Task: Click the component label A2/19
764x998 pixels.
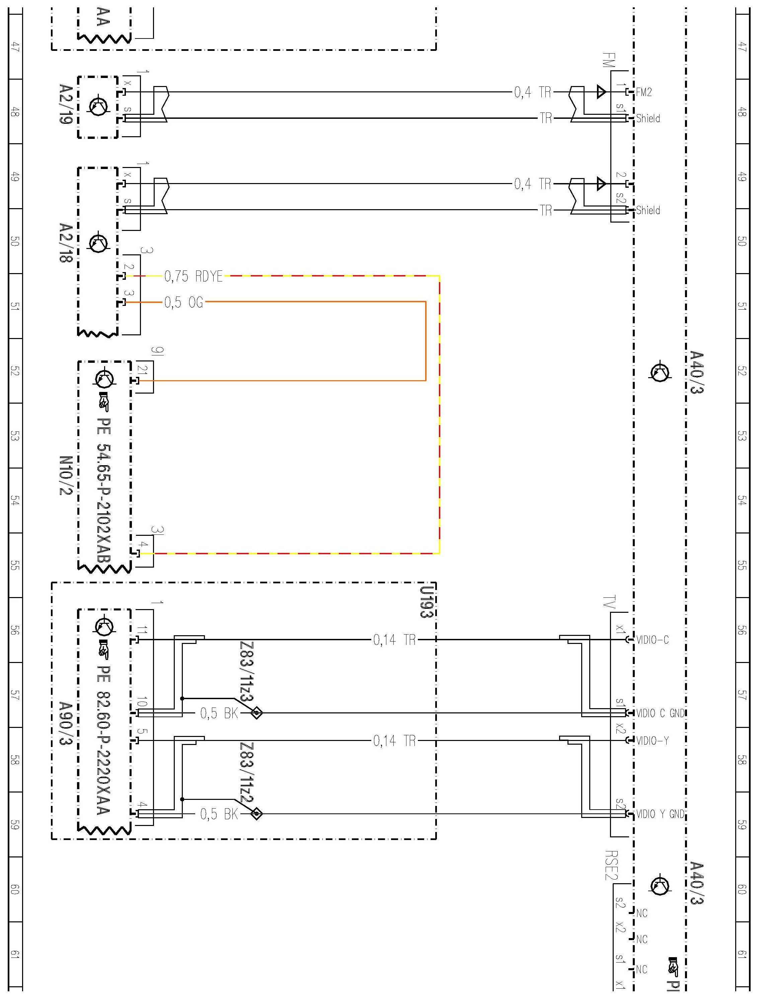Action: pyautogui.click(x=66, y=104)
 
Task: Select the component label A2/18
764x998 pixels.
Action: pyautogui.click(x=66, y=242)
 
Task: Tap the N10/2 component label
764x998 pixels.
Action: pyautogui.click(x=66, y=476)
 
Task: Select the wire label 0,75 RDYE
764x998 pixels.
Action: pyautogui.click(x=193, y=276)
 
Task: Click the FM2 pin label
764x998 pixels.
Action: pyautogui.click(x=644, y=92)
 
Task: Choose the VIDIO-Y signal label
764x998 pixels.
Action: pyautogui.click(x=653, y=741)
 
